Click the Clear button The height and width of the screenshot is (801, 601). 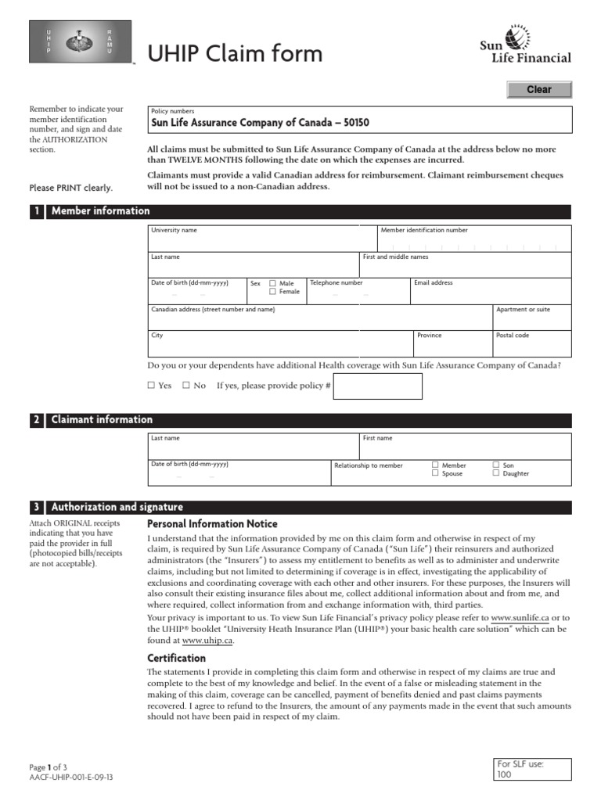click(538, 90)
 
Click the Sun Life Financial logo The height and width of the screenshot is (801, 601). click(525, 45)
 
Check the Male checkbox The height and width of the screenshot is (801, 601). click(272, 283)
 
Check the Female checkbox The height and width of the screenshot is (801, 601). click(272, 292)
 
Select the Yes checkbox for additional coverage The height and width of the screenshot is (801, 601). click(152, 386)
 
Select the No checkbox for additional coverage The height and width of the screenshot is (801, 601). click(186, 386)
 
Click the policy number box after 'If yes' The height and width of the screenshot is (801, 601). click(377, 386)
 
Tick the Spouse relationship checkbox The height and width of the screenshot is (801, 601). click(435, 473)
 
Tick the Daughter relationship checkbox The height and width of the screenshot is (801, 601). click(496, 473)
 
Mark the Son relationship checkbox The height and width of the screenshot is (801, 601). click(496, 465)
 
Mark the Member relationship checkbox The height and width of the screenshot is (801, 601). click(435, 465)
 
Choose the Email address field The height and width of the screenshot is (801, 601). click(491, 294)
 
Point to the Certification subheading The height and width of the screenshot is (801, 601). click(177, 658)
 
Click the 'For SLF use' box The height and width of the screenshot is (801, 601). click(534, 769)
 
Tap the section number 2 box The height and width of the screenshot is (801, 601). click(37, 420)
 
